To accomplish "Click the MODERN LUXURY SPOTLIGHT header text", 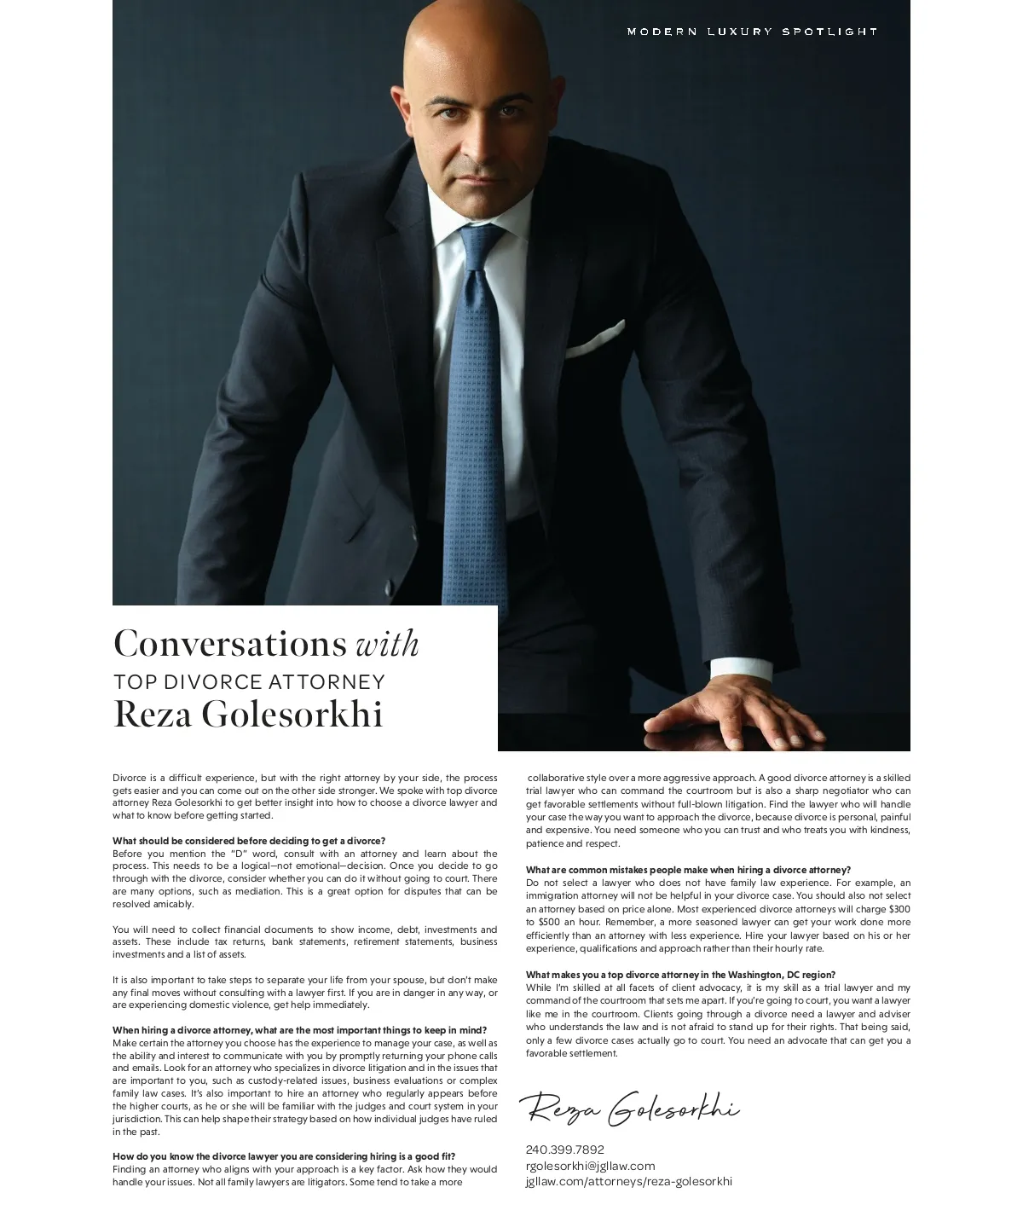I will [x=752, y=32].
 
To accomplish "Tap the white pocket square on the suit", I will [x=596, y=339].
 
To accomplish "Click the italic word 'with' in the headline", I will [x=387, y=644].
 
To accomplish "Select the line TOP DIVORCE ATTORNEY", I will [x=249, y=682].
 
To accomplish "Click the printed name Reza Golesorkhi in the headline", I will [x=248, y=715].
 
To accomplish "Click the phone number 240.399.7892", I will [x=564, y=1150].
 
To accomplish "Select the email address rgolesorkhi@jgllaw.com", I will [x=590, y=1166].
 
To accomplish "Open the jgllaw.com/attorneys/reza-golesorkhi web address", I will [x=628, y=1181].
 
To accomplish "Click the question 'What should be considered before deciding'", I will [x=249, y=841].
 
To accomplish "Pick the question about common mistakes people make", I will [x=688, y=870].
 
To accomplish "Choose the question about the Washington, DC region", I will [x=680, y=975].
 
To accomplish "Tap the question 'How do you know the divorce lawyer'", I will [x=284, y=1157].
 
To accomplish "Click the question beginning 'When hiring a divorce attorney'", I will [x=299, y=1030].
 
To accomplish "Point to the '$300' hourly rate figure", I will [x=899, y=909].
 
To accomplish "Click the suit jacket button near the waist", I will [x=390, y=588].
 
